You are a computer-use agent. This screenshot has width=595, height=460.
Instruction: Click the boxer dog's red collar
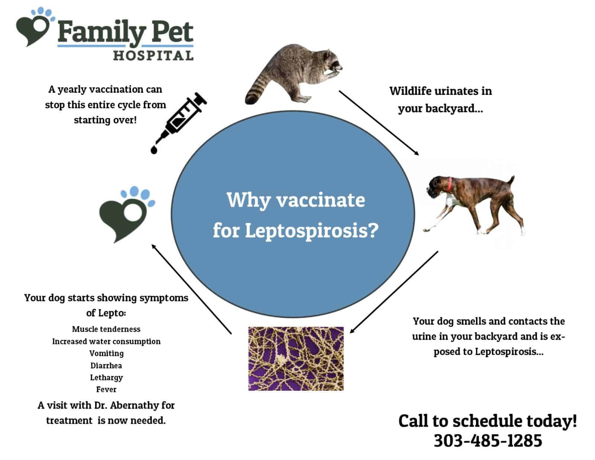pyautogui.click(x=450, y=184)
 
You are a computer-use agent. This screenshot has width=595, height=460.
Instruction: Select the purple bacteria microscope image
pyautogui.click(x=296, y=358)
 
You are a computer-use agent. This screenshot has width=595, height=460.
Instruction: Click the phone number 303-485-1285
pyautogui.click(x=488, y=441)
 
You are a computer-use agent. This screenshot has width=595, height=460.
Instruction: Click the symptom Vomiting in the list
pyautogui.click(x=106, y=353)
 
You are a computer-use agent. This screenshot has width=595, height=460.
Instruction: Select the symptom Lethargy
pyautogui.click(x=106, y=377)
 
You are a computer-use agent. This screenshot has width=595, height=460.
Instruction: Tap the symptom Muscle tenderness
pyautogui.click(x=106, y=329)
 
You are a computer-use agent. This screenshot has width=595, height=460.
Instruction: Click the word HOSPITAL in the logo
pyautogui.click(x=153, y=56)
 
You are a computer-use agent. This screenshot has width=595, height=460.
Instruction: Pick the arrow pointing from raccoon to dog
pyautogui.click(x=379, y=122)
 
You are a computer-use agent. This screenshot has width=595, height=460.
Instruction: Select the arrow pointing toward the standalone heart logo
pyautogui.click(x=191, y=288)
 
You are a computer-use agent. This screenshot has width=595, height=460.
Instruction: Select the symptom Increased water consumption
pyautogui.click(x=106, y=341)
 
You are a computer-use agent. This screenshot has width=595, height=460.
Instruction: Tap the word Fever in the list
pyautogui.click(x=106, y=389)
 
